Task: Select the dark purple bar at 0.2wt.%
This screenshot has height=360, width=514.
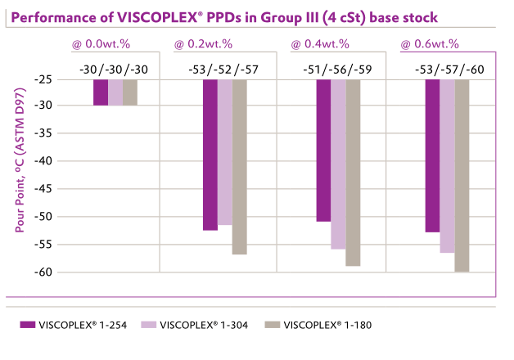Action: (210, 155)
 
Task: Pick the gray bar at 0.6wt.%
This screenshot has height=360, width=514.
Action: (462, 175)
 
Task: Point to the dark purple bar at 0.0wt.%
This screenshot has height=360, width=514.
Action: (100, 92)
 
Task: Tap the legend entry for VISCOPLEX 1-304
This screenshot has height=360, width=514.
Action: (199, 325)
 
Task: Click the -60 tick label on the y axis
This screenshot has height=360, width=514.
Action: (56, 272)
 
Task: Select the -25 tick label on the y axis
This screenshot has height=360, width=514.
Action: (56, 79)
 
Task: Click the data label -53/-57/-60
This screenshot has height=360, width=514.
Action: (449, 69)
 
